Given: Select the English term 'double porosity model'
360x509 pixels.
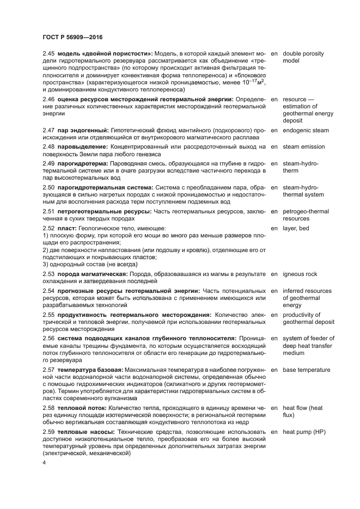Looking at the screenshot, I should [x=303, y=57].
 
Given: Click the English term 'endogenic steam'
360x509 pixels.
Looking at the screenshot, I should [x=306, y=131].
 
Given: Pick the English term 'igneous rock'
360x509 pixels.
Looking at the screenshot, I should [x=300, y=274].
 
